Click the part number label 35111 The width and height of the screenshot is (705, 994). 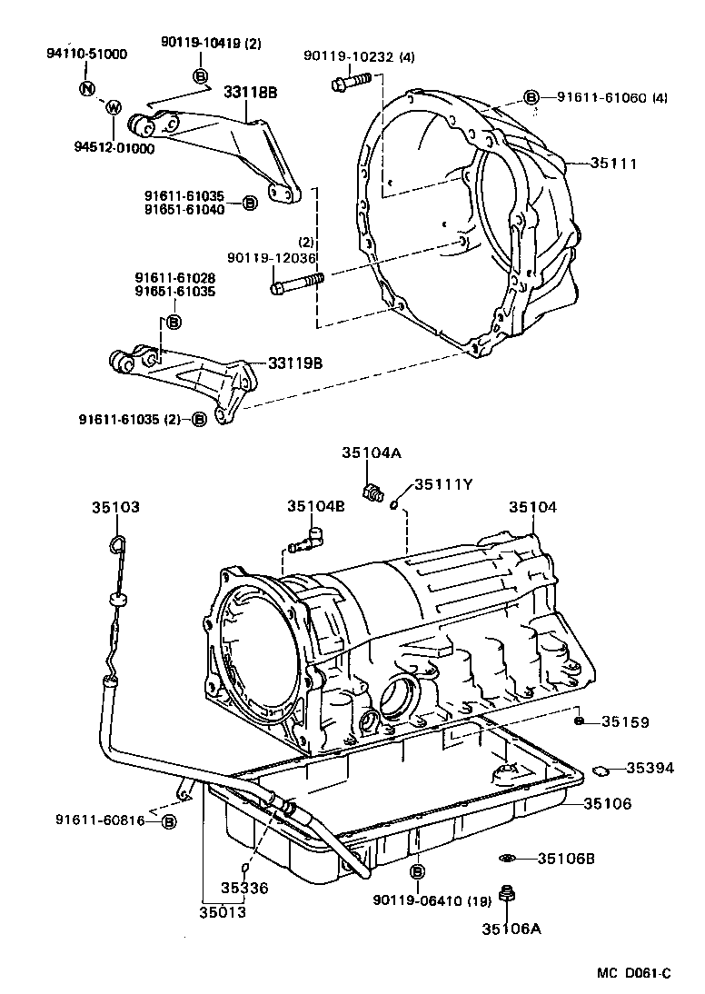coord(613,164)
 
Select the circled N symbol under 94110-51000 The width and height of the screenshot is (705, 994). coord(86,88)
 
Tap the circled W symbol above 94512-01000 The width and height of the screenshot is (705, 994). coord(114,107)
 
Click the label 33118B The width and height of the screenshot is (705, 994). coord(251,91)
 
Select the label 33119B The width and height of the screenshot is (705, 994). coord(294,363)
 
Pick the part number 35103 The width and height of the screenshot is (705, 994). coord(115,507)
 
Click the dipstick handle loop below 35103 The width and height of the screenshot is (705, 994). coord(115,544)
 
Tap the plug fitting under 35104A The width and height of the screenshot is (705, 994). coord(370,492)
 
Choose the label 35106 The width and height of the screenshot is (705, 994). coord(607,803)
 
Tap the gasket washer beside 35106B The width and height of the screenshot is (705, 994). coord(508,859)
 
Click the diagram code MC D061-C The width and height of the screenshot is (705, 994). coord(633,974)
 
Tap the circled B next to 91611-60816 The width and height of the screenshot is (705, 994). coord(169,821)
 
